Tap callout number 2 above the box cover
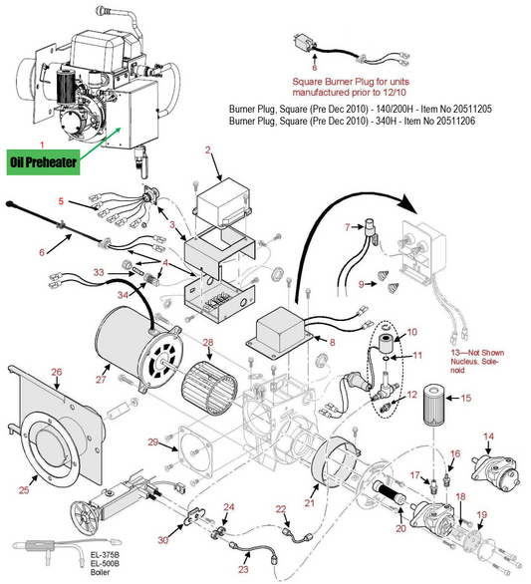pyautogui.click(x=208, y=150)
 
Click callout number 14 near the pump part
pyautogui.click(x=488, y=437)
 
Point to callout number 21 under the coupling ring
pyautogui.click(x=309, y=503)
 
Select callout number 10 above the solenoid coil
pyautogui.click(x=412, y=332)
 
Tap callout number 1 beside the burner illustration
pyautogui.click(x=41, y=146)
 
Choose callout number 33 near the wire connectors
pyautogui.click(x=98, y=271)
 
